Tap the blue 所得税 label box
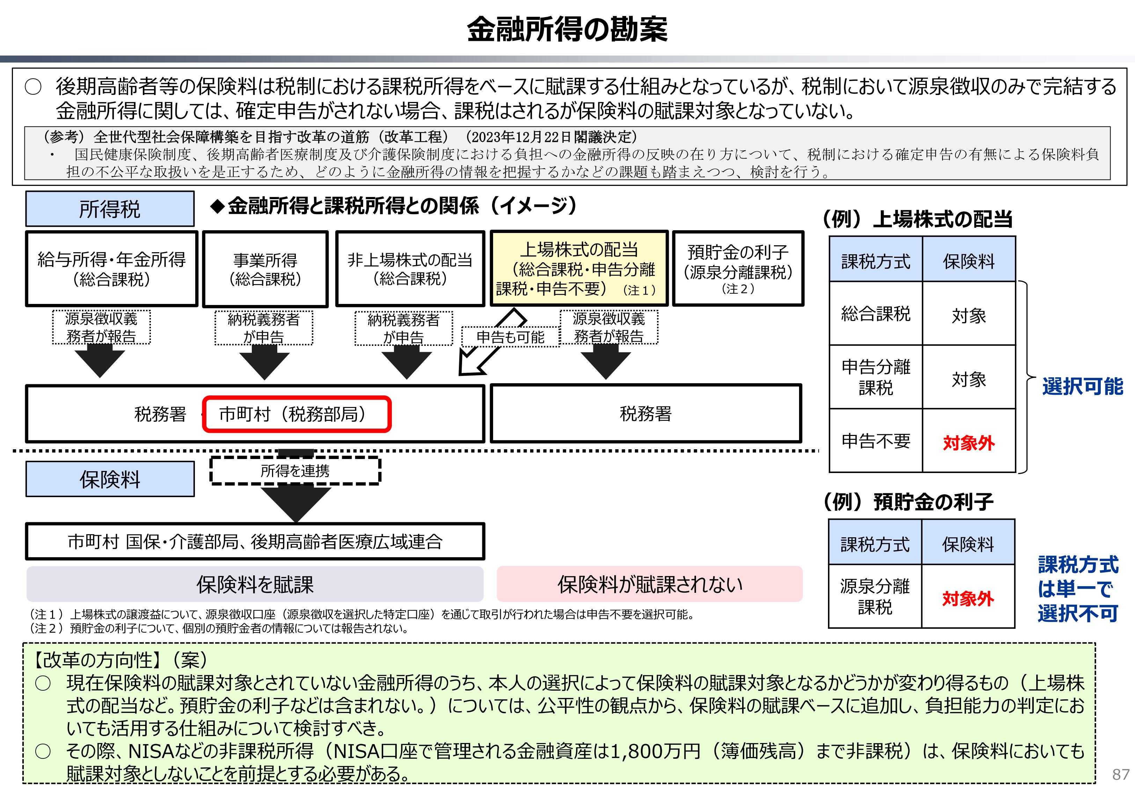point(110,209)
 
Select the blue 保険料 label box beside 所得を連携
point(110,479)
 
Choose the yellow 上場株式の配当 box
point(579,268)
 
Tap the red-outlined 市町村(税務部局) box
point(297,414)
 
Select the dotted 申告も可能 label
point(511,337)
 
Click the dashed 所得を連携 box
point(295,471)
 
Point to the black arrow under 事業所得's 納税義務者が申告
point(264,362)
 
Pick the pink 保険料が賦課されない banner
point(650,584)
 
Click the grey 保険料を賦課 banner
point(255,584)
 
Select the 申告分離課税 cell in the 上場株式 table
point(876,377)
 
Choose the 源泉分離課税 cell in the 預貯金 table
point(874,596)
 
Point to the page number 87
point(1121,774)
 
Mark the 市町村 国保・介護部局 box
point(255,541)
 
